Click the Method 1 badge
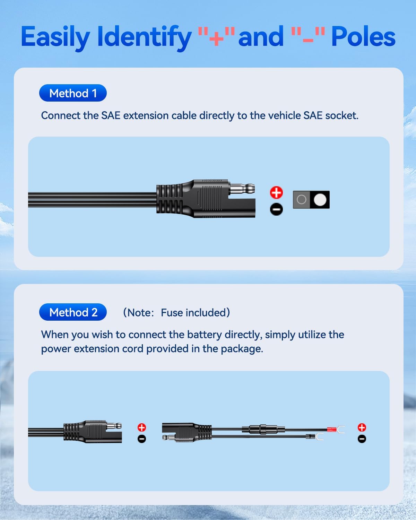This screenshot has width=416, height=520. pos(73,93)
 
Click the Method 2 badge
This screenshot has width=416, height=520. pos(73,312)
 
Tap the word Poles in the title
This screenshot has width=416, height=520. pos(363,37)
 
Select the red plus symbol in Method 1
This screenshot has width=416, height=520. pos(276,192)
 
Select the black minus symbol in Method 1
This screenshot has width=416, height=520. pos(276,209)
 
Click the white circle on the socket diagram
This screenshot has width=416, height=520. pos(320,200)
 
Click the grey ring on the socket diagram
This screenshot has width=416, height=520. pos(302,200)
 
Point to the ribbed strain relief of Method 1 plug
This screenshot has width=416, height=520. pos(169,199)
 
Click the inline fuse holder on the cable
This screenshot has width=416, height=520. pos(263,430)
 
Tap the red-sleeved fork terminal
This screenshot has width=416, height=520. pos(335,430)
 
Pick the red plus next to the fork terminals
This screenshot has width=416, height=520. pos(362,427)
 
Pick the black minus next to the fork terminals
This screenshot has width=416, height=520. pos(362,439)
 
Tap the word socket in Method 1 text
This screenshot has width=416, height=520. pos(341,115)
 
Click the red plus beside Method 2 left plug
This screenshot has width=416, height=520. pos(142,427)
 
